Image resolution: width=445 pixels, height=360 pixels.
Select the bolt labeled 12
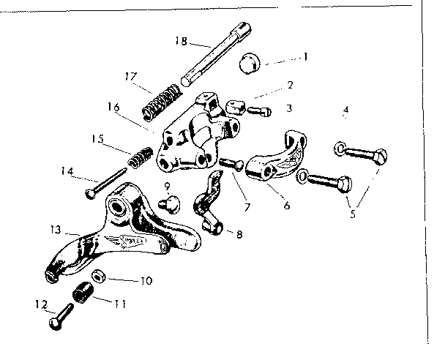pyautogui.click(x=57, y=319)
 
